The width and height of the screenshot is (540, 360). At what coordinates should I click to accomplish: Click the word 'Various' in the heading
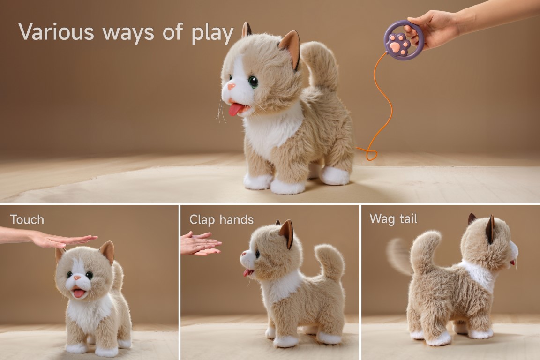[x=56, y=32]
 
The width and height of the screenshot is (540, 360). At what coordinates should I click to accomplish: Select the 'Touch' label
[x=27, y=219]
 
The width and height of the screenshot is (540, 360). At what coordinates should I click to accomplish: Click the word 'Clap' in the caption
[x=202, y=220]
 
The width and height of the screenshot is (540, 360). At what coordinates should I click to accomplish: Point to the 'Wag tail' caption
[x=393, y=219]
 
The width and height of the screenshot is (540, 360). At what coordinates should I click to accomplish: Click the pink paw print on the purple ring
[x=398, y=44]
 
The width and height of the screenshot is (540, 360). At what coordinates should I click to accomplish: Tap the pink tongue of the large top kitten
[x=236, y=110]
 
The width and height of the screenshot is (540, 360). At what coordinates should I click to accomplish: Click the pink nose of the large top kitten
[x=231, y=86]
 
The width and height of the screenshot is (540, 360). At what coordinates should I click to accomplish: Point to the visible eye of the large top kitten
[x=253, y=82]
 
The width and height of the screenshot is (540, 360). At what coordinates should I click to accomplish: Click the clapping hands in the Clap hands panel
[x=199, y=243]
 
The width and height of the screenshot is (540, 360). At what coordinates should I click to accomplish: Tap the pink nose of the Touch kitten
[x=77, y=277]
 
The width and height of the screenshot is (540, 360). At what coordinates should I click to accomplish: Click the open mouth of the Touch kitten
[x=79, y=293]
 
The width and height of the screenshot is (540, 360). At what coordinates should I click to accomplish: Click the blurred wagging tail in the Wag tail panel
[x=399, y=255]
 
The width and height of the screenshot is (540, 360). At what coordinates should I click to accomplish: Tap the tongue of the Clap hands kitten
[x=247, y=272]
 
